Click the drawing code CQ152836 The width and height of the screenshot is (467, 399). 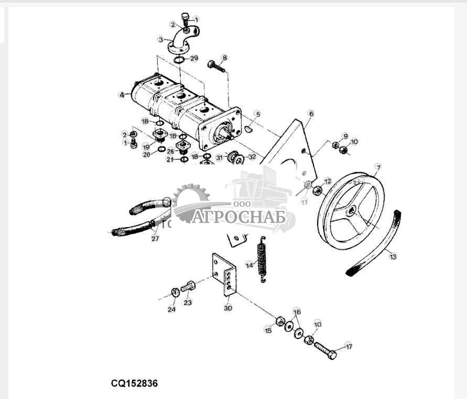point(134,383)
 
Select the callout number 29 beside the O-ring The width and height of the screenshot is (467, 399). point(194,58)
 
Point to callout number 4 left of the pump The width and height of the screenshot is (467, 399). point(122,95)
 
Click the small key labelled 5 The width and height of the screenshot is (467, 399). point(249,128)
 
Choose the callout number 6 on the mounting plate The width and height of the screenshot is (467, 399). point(311,113)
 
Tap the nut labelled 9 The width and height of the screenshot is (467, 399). point(336,145)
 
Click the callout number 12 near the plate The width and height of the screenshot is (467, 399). point(328,181)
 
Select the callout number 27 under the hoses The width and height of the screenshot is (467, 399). point(155,238)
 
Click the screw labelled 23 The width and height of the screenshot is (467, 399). point(189,287)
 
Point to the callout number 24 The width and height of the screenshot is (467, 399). point(171,309)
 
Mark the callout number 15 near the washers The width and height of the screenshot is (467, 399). point(268,330)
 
